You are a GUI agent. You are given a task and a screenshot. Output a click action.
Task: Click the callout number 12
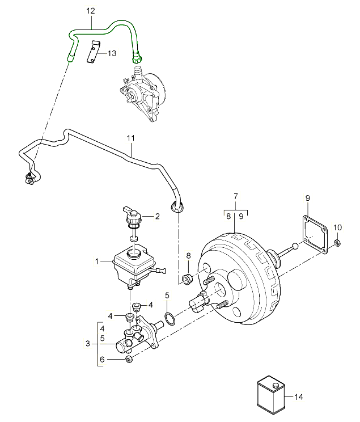point(91,10)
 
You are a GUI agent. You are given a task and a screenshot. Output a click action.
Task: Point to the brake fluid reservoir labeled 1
point(134,265)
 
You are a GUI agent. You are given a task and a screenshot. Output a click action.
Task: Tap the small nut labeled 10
point(337,244)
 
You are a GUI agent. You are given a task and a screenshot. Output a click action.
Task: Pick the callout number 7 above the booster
point(235,196)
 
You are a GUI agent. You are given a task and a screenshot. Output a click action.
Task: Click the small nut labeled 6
point(128,358)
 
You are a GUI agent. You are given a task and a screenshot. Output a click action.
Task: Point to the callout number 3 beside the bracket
point(88,344)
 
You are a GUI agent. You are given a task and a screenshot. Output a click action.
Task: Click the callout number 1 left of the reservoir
point(97,261)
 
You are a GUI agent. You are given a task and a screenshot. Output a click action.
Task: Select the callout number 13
point(111,53)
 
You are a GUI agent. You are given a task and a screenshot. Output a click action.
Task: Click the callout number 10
point(338,227)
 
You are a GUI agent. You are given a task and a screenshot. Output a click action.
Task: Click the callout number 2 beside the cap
point(158,216)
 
